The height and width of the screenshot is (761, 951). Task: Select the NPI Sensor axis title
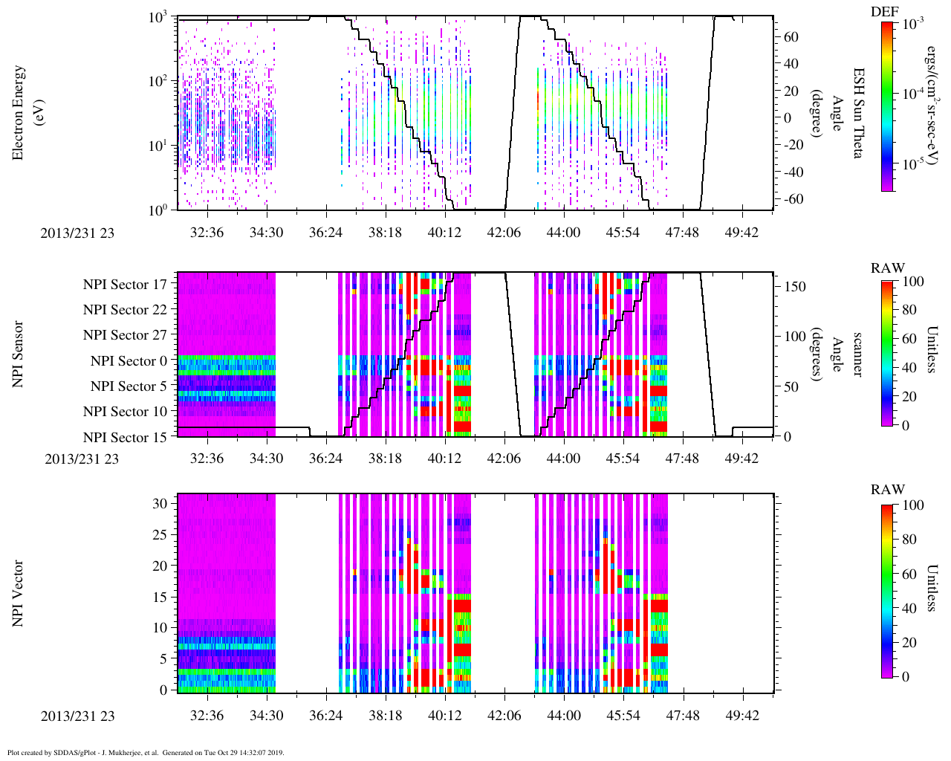(19, 354)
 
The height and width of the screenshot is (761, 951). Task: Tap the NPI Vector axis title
(19, 593)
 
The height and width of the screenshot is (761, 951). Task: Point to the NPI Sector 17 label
(125, 285)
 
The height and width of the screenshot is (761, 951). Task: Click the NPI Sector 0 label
(129, 361)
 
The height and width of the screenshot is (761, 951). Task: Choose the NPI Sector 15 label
(125, 438)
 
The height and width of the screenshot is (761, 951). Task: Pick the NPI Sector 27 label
(125, 335)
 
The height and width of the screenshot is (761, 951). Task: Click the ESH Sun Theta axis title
(858, 113)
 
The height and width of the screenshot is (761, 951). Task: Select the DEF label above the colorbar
(885, 11)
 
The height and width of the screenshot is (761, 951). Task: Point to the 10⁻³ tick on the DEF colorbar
(912, 24)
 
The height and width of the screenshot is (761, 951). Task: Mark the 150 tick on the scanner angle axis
(795, 287)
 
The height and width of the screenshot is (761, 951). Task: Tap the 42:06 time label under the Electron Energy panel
(504, 233)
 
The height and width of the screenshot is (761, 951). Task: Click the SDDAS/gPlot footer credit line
(146, 753)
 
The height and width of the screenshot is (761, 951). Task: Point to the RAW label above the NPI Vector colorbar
(888, 490)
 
